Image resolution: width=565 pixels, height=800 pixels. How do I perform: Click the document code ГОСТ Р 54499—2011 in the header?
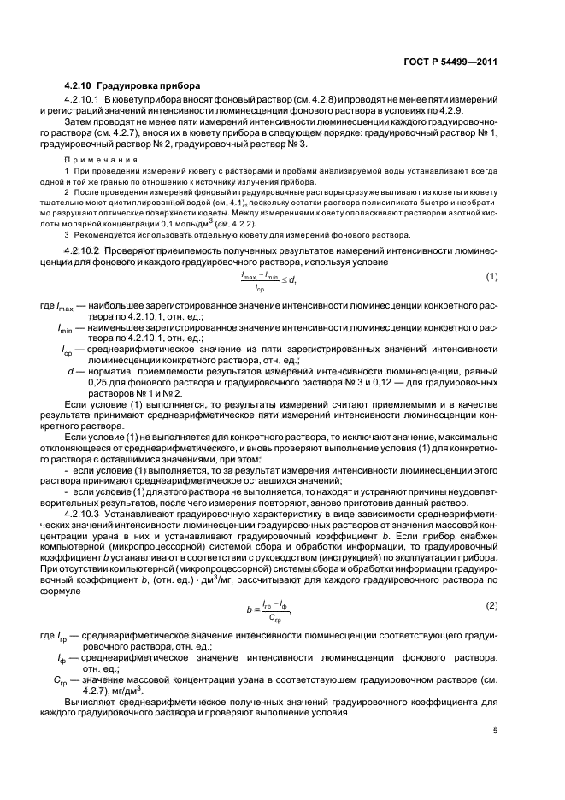click(x=451, y=62)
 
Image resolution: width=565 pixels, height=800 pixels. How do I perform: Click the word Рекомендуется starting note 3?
click(x=103, y=234)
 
